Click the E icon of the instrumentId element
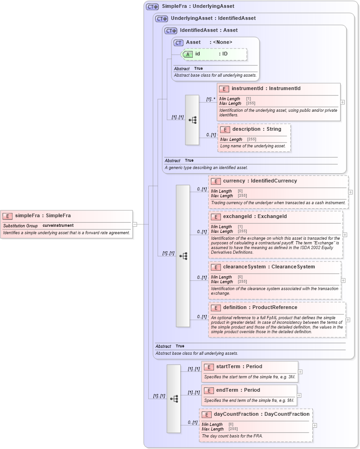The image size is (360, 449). pos(224,89)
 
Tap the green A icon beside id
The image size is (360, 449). pos(188,54)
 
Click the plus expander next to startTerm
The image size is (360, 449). pos(300,371)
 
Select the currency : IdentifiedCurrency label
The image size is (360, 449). pos(260,181)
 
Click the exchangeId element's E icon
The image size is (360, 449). pos(215,217)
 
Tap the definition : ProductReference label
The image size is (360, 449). pos(260,308)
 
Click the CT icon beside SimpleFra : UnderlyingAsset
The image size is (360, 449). pos(152,6)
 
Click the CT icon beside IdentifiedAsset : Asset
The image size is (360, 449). pos(171,30)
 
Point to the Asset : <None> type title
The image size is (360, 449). pos(209,42)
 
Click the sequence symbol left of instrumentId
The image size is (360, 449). pos(192,120)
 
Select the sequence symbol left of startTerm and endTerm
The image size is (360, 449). pos(174,398)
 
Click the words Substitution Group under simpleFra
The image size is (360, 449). pos(21,225)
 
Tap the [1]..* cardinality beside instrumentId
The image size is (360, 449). pos(211,99)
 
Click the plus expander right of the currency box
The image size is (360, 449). pos(350,192)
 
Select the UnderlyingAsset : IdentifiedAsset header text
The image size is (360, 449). pos(213,18)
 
